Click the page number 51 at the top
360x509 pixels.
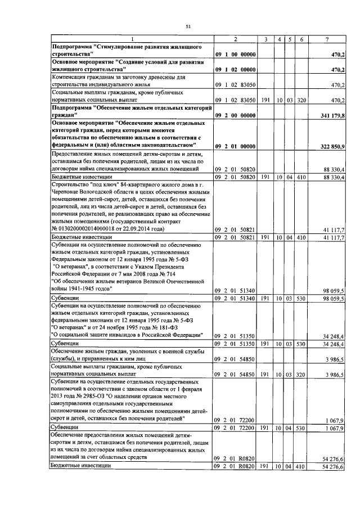[188, 25]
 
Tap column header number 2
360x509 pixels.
[236, 38]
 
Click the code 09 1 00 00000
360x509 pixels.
[236, 54]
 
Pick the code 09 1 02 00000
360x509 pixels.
[236, 70]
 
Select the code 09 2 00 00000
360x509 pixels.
[236, 115]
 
